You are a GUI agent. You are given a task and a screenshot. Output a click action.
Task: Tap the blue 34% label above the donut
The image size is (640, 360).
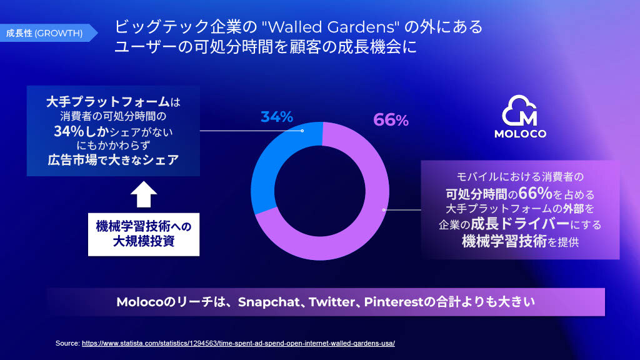point(277,117)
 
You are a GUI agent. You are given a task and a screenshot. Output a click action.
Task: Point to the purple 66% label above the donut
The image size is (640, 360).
point(391,120)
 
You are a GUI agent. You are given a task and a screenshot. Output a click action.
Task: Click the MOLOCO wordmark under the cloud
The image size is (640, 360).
point(520,134)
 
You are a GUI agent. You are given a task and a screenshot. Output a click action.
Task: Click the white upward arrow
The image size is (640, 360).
point(144,194)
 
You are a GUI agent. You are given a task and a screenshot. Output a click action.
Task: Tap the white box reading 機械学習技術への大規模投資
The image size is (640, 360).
point(144,234)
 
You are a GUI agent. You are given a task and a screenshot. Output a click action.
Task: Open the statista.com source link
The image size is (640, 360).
point(238,343)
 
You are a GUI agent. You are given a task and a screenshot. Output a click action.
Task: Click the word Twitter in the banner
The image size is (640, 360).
point(332,302)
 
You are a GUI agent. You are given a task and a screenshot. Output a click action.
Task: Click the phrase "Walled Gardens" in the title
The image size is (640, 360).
point(331,27)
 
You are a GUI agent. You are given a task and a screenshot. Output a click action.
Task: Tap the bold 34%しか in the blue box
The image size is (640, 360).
point(81,131)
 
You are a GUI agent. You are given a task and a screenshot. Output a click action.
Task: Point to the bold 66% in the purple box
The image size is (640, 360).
point(535,193)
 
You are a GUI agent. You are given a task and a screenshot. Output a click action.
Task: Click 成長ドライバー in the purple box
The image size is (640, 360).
point(520,224)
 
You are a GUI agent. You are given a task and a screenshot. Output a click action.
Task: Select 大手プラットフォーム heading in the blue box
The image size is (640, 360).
point(107,102)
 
